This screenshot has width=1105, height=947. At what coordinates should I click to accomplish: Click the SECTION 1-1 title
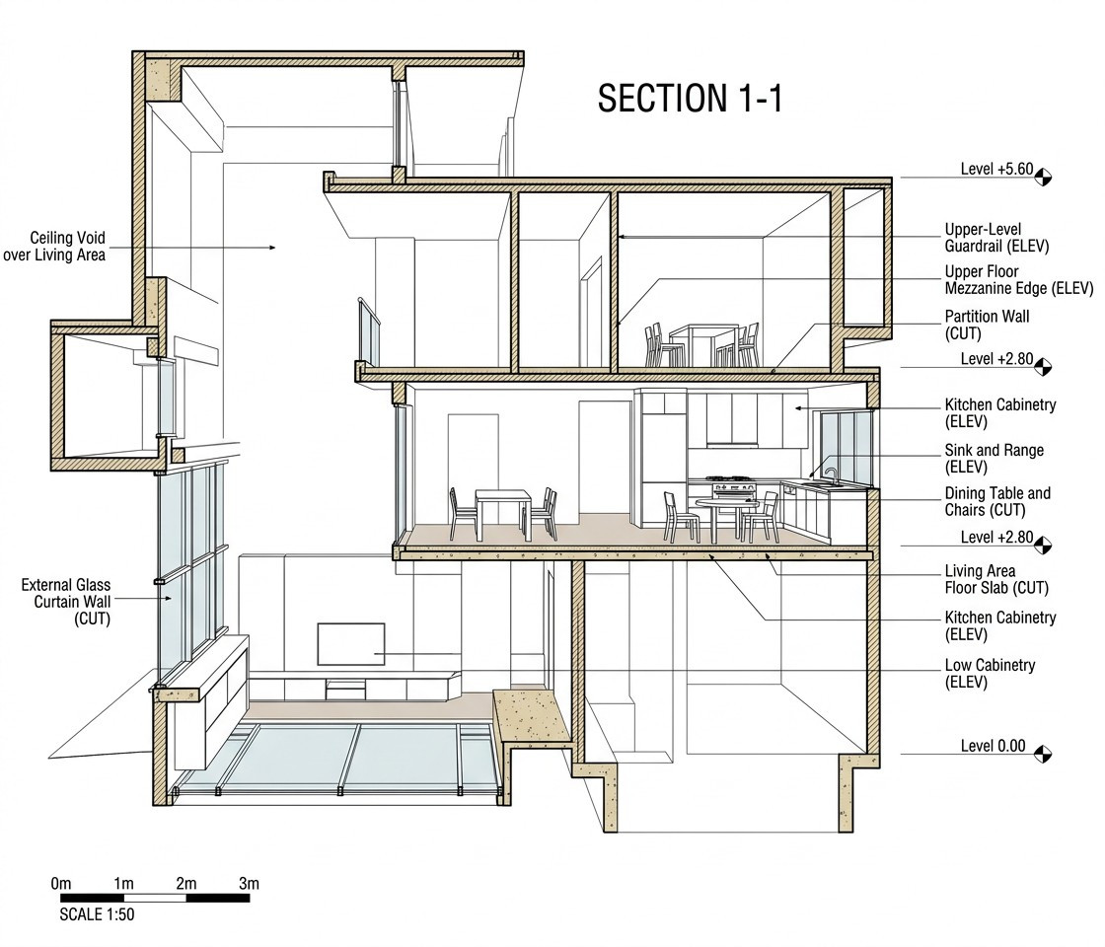(690, 98)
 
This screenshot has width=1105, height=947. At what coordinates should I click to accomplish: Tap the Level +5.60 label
(996, 169)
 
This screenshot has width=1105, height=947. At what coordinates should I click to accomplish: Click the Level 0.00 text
(993, 746)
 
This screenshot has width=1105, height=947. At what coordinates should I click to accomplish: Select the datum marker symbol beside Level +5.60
(1043, 177)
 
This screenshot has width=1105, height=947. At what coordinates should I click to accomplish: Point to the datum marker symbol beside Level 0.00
(1043, 754)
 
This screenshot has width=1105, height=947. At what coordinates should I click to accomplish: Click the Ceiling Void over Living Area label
(55, 246)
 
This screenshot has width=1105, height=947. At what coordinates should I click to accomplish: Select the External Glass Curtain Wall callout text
(66, 602)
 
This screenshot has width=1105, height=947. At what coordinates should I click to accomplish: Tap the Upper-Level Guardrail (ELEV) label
(996, 238)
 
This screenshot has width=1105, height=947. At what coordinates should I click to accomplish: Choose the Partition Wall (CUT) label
(987, 325)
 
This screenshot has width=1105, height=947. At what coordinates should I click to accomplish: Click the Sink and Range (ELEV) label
(994, 458)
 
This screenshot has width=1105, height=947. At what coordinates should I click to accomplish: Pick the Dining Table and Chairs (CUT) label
(997, 501)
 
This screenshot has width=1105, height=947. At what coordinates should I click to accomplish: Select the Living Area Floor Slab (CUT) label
(996, 579)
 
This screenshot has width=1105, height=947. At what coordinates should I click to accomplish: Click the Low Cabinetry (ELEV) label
(990, 673)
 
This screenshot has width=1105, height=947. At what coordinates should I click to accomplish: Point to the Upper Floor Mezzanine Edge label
(1019, 280)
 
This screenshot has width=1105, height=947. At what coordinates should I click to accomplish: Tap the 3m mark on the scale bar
(249, 884)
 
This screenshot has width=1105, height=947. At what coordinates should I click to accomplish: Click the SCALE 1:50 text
(97, 914)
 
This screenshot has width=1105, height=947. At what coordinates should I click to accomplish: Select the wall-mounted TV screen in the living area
(351, 644)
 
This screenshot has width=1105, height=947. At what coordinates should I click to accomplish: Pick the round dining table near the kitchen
(726, 519)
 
